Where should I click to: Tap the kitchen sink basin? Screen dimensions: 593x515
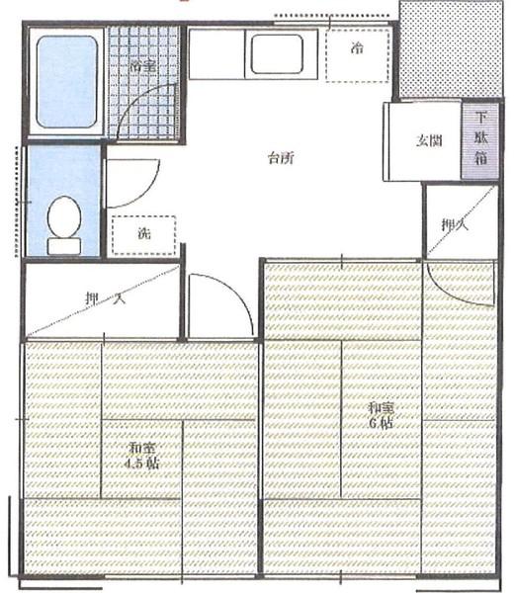(277, 54)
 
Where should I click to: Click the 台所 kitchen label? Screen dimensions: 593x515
(281, 157)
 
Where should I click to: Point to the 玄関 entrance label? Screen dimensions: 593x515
(428, 140)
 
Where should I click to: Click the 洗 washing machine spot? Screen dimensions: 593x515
(143, 235)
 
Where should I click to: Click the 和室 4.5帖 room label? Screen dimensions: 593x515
(142, 456)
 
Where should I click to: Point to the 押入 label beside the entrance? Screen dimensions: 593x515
(453, 225)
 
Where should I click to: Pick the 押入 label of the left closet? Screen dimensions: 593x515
(103, 299)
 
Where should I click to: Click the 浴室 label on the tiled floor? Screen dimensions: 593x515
(142, 66)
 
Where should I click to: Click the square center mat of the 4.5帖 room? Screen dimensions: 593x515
(142, 458)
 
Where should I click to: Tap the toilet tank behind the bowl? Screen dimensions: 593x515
(64, 244)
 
